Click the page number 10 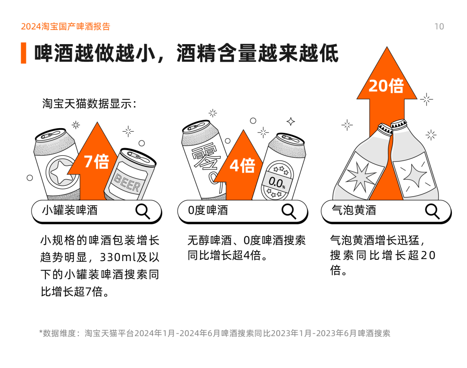(439, 26)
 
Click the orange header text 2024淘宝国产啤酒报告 (66, 26)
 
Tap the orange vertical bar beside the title (23, 53)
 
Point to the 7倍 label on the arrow (96, 161)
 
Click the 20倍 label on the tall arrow (386, 86)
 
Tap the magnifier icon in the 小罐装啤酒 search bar (143, 211)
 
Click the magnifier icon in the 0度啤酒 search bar (289, 211)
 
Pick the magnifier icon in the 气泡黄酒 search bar (432, 211)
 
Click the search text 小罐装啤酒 (70, 210)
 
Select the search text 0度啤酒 (208, 210)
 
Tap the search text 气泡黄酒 (354, 210)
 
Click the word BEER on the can (127, 183)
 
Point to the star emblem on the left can (61, 172)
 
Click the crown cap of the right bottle (399, 124)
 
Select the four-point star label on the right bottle (415, 176)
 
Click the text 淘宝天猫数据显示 (89, 103)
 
